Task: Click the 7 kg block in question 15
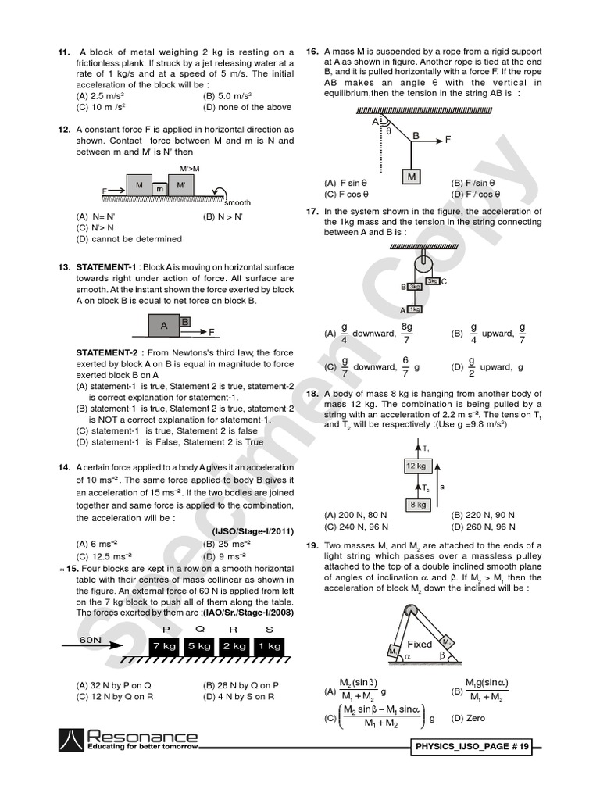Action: tap(165, 645)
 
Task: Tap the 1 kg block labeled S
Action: tap(269, 645)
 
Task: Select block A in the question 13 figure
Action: tap(164, 326)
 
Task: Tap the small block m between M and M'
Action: tap(159, 189)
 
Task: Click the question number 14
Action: tap(64, 467)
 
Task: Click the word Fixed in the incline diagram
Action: tap(420, 645)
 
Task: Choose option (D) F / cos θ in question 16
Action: tap(476, 195)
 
